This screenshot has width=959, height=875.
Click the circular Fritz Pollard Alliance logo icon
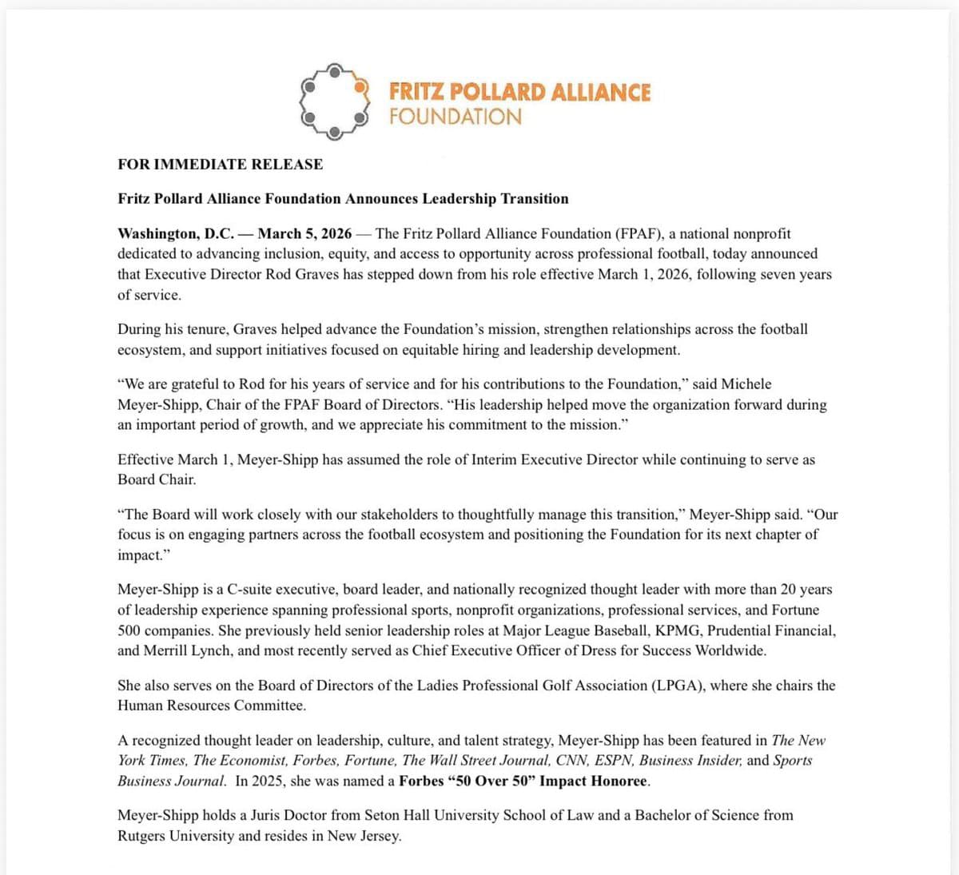click(x=334, y=101)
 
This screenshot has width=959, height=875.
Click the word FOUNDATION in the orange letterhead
click(x=455, y=117)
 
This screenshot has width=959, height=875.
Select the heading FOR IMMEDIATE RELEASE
click(x=220, y=165)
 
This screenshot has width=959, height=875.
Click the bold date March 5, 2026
click(x=304, y=234)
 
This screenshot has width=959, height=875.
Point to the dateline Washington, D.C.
click(x=176, y=234)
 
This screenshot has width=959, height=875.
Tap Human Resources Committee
click(x=211, y=706)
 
